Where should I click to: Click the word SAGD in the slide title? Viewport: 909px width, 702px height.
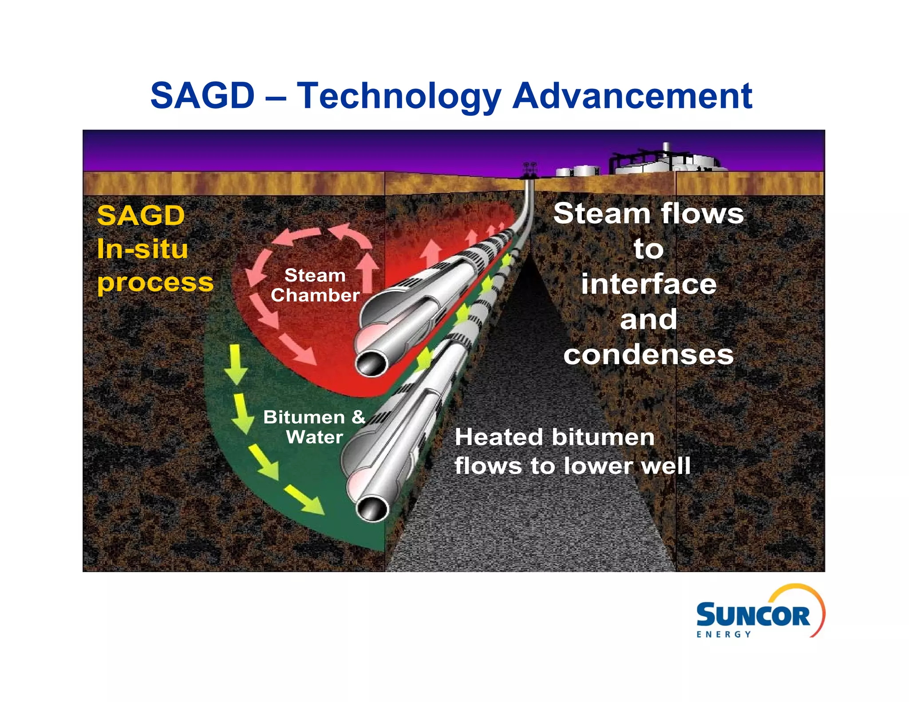pos(202,95)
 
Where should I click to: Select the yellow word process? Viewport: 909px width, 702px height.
pos(155,282)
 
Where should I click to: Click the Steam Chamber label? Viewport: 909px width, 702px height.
pos(315,285)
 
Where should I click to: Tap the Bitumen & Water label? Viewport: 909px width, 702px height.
pos(314,427)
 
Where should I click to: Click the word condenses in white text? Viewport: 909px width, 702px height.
pos(648,355)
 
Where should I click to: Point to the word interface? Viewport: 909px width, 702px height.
pos(648,284)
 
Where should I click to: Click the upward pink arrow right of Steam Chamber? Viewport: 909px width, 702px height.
pos(368,272)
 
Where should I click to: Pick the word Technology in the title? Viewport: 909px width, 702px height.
pos(399,96)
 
